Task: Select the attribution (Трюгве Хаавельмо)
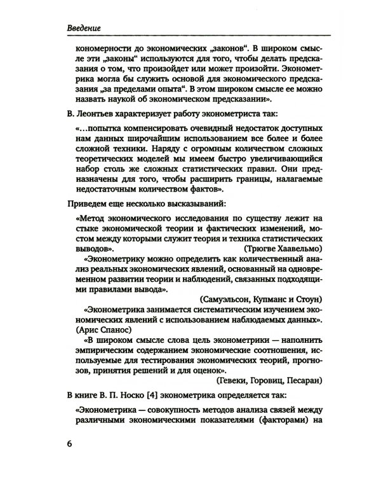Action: pos(285,247)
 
